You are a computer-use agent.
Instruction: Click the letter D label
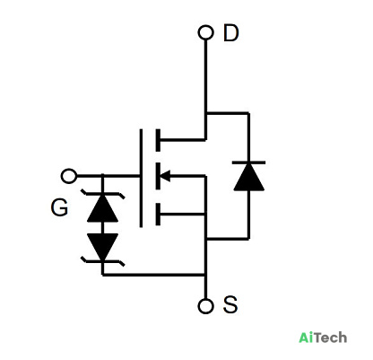(x=231, y=33)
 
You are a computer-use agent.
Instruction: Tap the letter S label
(x=230, y=304)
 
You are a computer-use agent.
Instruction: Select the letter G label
(x=59, y=207)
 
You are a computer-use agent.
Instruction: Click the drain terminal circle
(x=206, y=32)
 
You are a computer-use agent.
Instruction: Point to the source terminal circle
(x=206, y=306)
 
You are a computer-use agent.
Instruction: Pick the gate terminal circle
(x=69, y=176)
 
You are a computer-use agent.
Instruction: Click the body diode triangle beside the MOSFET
(x=248, y=177)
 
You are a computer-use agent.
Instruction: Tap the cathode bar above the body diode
(x=248, y=162)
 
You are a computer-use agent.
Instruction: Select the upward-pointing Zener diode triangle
(x=102, y=208)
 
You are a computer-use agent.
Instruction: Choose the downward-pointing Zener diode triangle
(x=102, y=247)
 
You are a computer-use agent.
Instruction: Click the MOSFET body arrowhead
(x=165, y=176)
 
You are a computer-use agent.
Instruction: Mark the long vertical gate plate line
(x=141, y=178)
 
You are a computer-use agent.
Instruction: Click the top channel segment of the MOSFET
(x=158, y=140)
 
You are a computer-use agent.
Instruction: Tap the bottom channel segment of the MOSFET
(x=158, y=214)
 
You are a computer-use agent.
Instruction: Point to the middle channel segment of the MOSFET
(x=158, y=176)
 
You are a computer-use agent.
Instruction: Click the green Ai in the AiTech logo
(x=306, y=338)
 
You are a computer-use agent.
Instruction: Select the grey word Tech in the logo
(x=330, y=338)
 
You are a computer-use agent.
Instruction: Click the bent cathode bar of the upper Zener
(x=102, y=194)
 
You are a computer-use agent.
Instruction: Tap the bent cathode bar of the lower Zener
(x=102, y=261)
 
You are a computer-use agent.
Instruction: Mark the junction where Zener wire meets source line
(x=206, y=275)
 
